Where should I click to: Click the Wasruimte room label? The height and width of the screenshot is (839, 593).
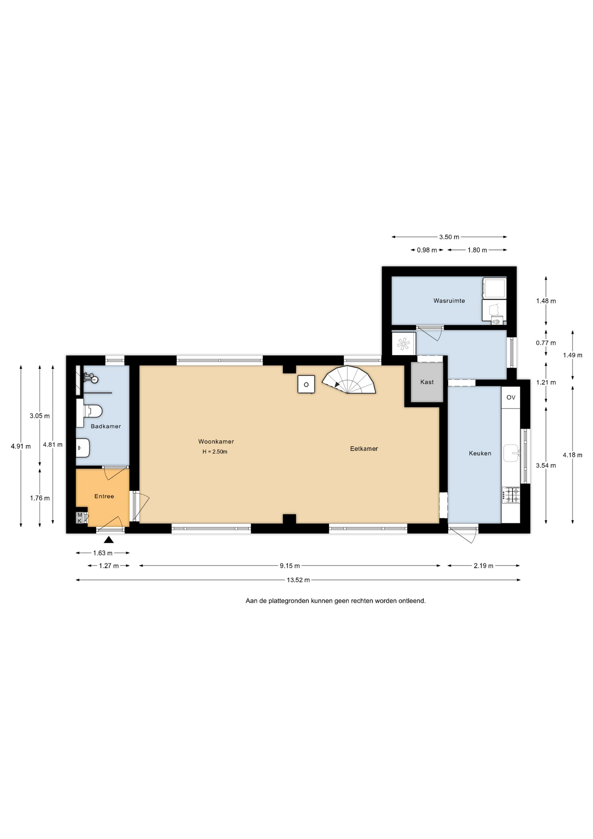click(449, 301)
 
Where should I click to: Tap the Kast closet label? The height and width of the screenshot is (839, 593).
click(427, 382)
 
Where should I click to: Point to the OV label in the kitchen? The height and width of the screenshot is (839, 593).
click(511, 397)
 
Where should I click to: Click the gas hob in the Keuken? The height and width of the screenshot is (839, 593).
click(511, 495)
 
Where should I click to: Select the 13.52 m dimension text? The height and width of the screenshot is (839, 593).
click(298, 580)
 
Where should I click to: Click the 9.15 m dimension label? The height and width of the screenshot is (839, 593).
click(290, 565)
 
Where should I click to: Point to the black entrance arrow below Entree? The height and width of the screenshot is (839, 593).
click(109, 540)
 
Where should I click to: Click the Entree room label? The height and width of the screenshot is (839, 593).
click(104, 496)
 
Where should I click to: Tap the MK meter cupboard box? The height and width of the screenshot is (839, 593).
click(80, 518)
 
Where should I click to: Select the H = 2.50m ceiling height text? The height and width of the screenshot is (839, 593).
click(215, 452)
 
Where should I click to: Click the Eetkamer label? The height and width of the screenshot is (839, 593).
click(364, 448)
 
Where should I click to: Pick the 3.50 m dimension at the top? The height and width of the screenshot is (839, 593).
click(449, 237)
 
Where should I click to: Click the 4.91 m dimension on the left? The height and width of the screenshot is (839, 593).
click(21, 446)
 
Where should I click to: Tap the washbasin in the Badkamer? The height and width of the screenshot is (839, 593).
click(83, 448)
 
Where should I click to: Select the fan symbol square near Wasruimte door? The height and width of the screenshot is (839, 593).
click(404, 343)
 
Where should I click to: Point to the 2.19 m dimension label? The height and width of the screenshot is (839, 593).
click(484, 565)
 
